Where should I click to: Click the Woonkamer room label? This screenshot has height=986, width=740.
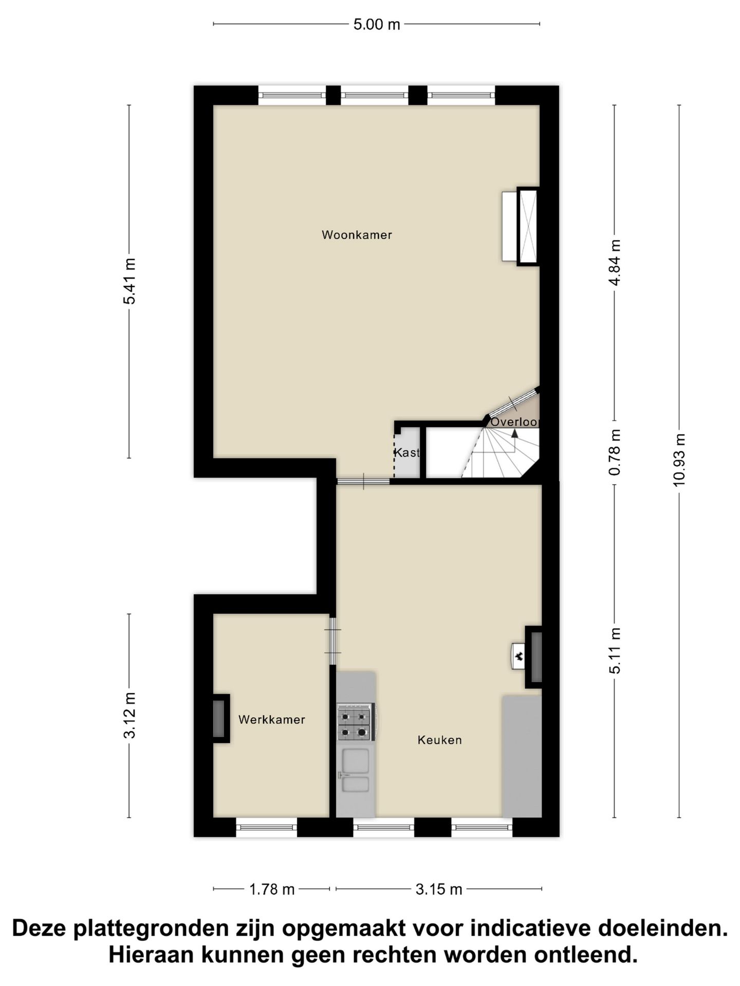tap(357, 235)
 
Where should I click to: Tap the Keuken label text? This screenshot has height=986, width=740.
tap(439, 740)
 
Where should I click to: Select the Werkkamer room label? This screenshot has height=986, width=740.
tap(271, 719)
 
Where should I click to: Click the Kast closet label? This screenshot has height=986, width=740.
tap(406, 453)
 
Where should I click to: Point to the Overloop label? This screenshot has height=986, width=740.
tap(514, 422)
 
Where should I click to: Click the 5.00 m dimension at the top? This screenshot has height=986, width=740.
tap(376, 24)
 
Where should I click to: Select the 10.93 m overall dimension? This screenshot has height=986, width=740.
tap(679, 460)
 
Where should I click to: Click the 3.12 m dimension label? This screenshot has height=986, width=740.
tap(129, 715)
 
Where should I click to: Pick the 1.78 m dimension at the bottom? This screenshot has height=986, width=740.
tap(271, 889)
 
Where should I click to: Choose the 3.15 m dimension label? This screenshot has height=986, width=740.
tap(439, 889)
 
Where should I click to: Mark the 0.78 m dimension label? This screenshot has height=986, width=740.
tap(615, 452)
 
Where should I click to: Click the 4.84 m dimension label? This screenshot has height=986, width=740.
tap(615, 262)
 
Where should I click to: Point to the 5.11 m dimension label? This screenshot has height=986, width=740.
tap(615, 650)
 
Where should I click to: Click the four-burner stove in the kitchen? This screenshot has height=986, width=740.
tap(355, 722)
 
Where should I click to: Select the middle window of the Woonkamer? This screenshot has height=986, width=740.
tap(375, 96)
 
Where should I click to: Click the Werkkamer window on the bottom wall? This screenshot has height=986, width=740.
tap(266, 827)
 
